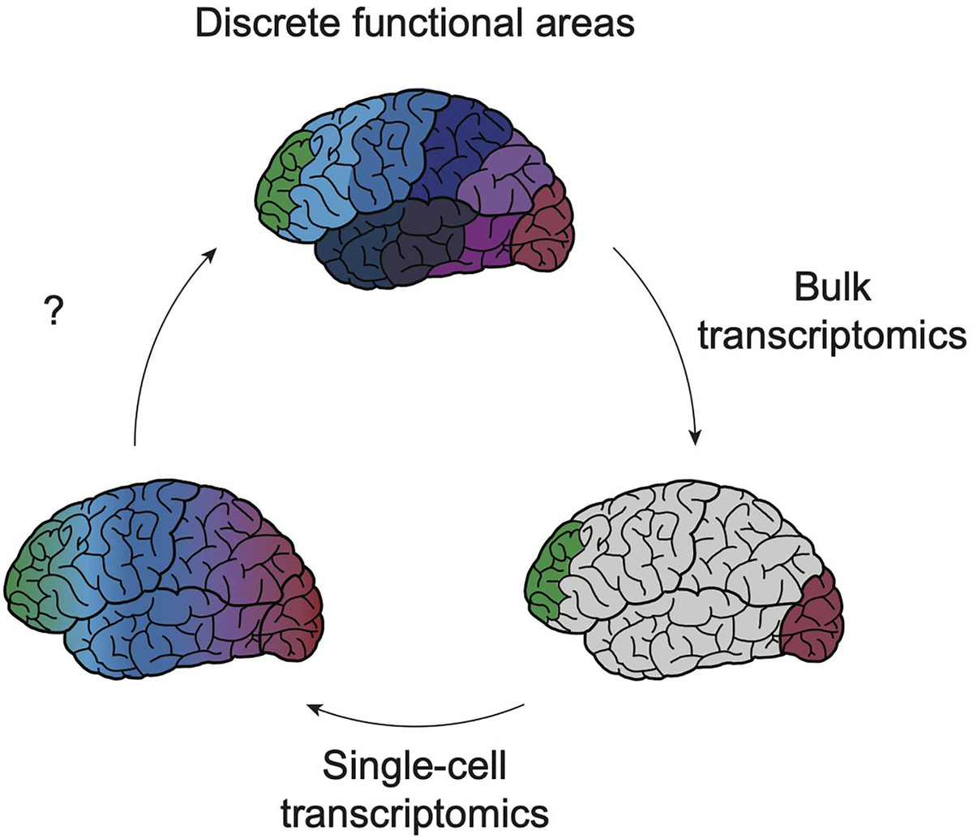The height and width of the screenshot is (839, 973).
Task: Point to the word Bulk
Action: pos(833,287)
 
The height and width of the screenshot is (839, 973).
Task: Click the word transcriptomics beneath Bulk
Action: pos(833,335)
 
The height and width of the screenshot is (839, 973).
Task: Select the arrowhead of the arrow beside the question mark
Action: pos(212,253)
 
